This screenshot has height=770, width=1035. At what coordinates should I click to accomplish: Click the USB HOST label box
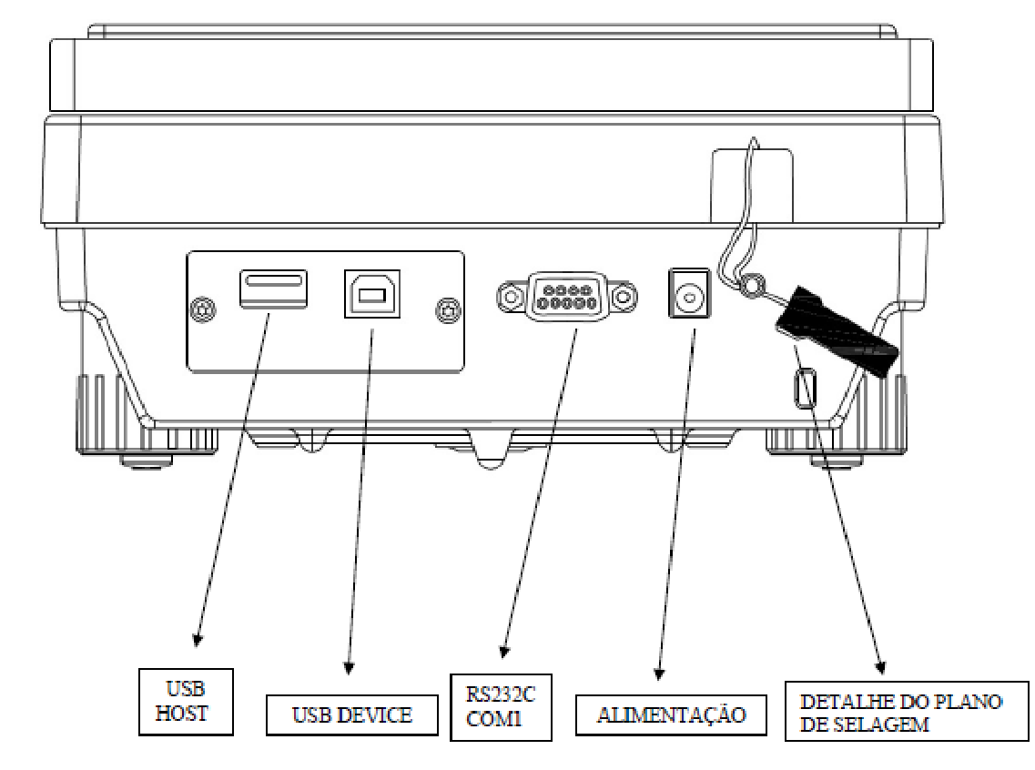point(186,702)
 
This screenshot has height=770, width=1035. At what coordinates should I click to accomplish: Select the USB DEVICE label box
point(351,714)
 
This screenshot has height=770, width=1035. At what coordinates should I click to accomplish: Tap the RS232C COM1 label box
point(501,707)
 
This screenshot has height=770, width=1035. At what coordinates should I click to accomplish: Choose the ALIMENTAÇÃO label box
point(671,714)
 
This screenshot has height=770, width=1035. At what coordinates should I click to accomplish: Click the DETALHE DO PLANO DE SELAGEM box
point(907,711)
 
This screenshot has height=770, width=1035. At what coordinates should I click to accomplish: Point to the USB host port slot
point(273,289)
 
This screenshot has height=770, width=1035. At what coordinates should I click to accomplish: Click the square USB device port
point(372,293)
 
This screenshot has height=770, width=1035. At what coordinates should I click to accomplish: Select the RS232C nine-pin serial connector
point(566,296)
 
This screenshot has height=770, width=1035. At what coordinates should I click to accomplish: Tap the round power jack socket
point(690,293)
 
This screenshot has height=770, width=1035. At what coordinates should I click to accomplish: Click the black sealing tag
point(837,332)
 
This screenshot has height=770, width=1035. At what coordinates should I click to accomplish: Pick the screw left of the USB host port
point(202,309)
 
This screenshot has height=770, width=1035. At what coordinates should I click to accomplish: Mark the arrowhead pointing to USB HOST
point(198,639)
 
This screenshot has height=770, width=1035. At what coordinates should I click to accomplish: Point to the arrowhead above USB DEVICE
point(350,668)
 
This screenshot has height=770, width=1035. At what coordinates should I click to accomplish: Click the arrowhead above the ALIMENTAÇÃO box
point(659,673)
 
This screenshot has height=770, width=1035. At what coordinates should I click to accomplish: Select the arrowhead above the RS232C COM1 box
point(505,652)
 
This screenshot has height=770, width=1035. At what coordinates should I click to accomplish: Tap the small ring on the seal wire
point(750,286)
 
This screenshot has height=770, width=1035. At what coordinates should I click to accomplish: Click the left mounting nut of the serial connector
point(510,297)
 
